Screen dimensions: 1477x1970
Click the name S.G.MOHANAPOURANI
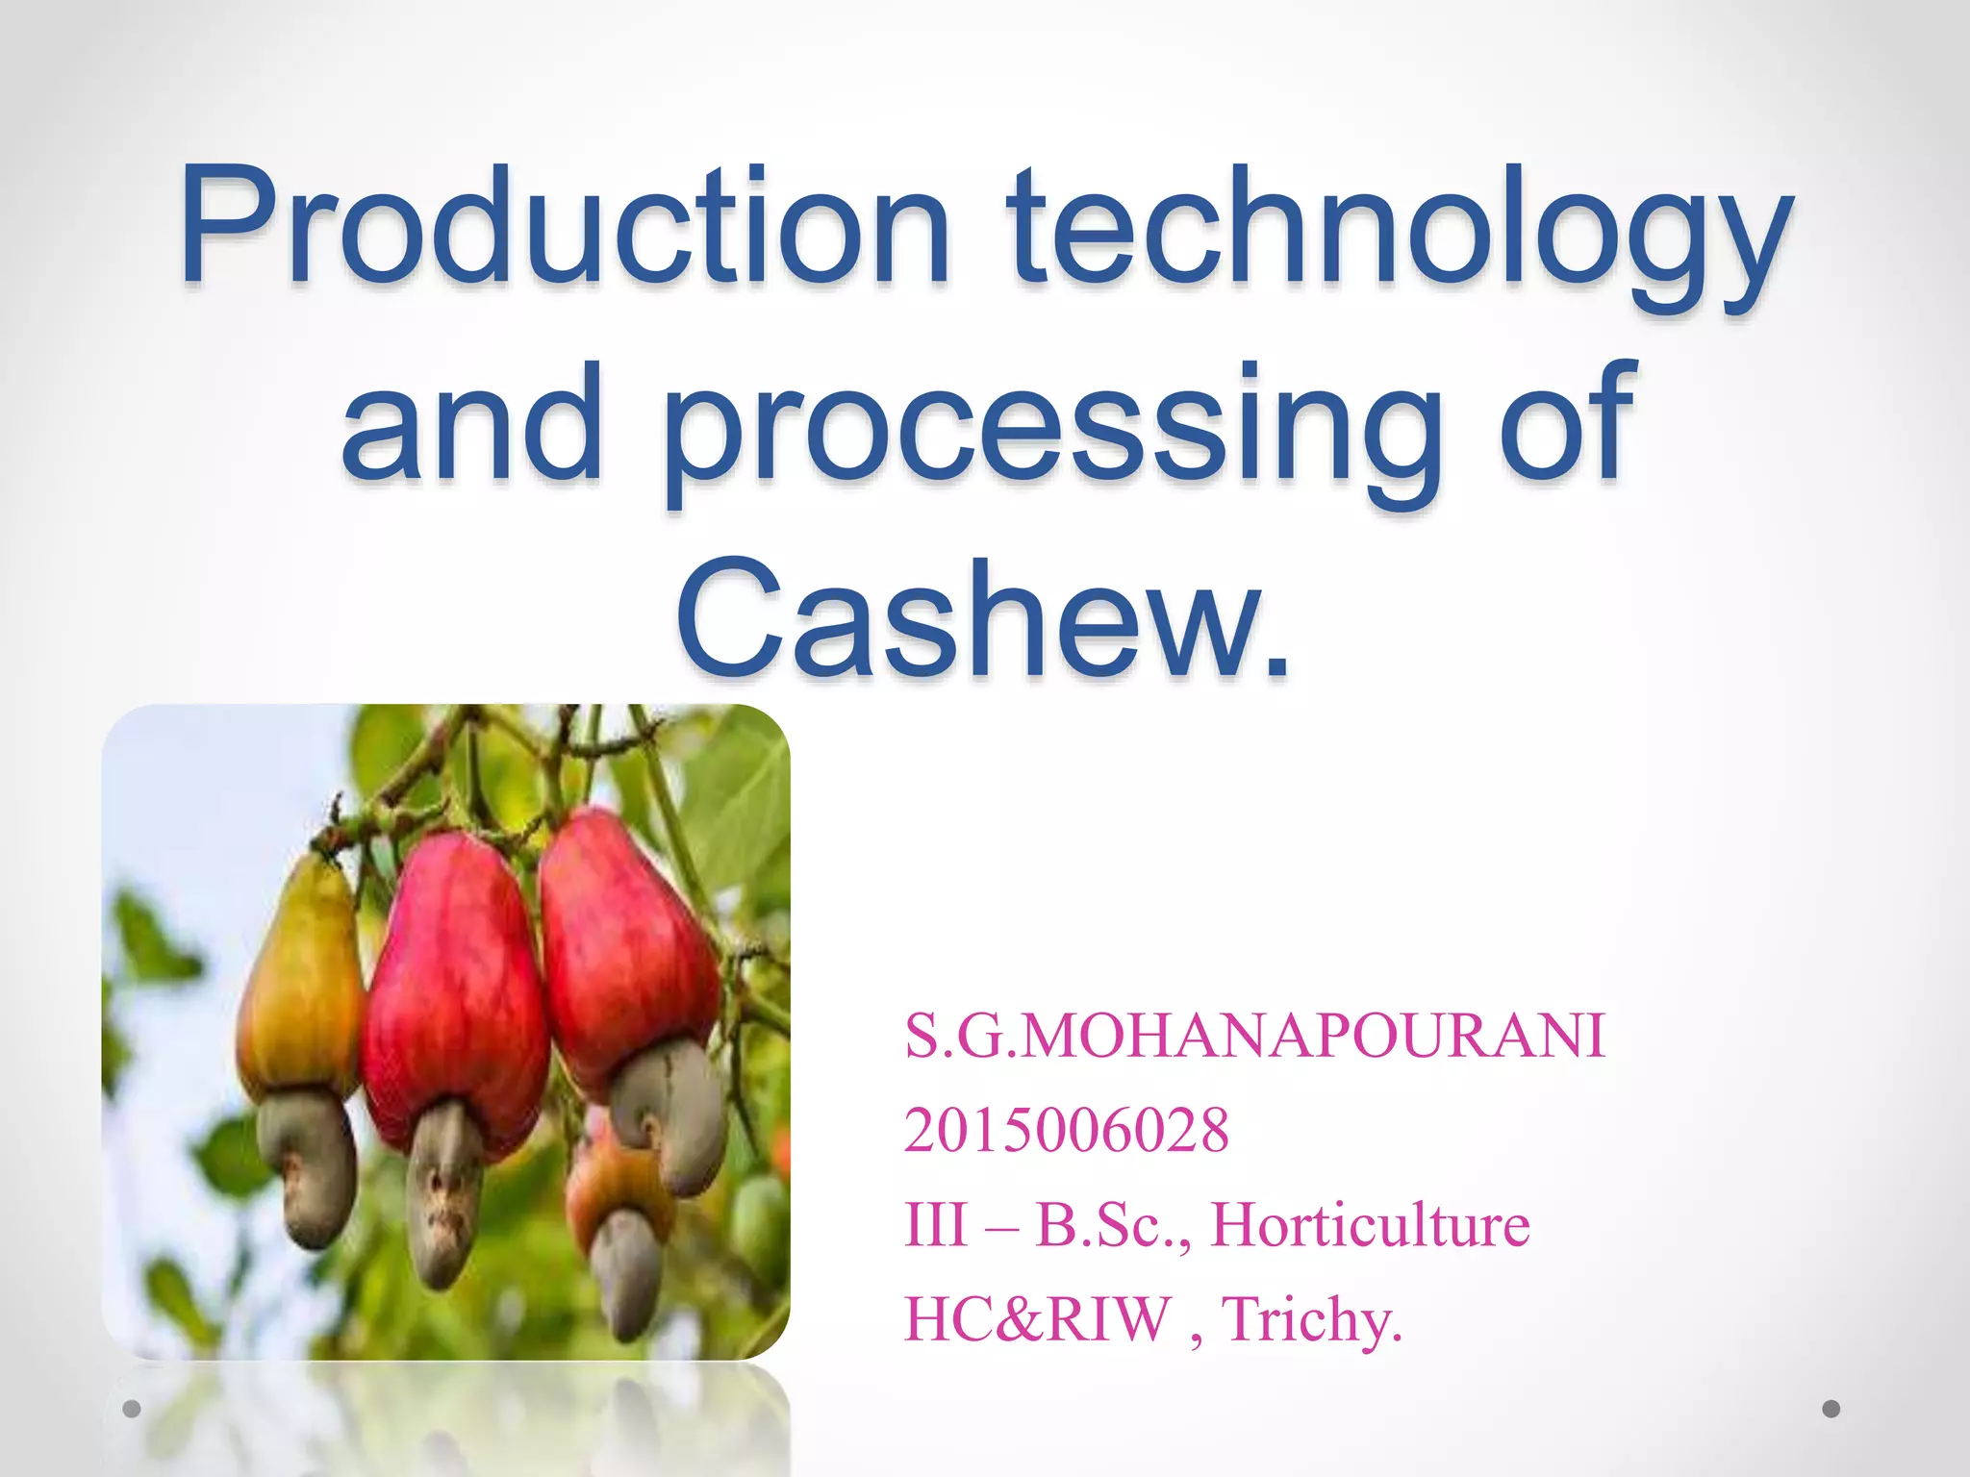(1254, 1037)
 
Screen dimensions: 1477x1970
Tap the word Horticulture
(1370, 1225)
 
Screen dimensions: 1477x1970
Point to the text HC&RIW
(1038, 1318)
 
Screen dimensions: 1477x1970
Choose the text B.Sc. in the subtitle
(1112, 1225)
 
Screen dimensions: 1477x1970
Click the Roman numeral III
(935, 1225)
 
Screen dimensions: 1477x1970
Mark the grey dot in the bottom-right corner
(1831, 1409)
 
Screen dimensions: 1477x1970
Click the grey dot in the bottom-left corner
(132, 1409)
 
